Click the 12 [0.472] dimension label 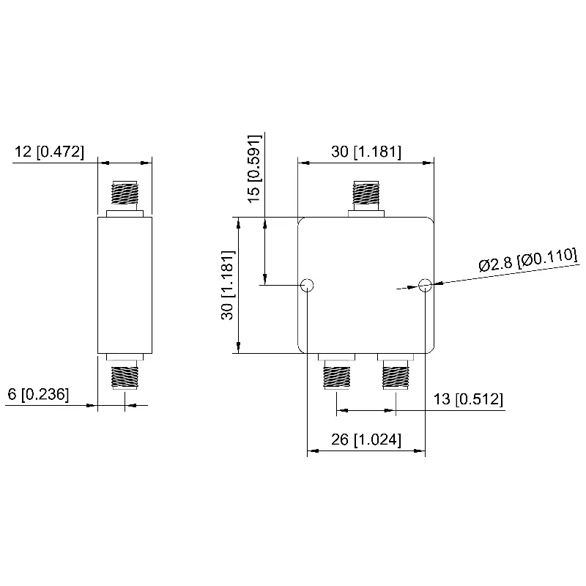tap(49, 152)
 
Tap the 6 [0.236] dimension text tap(38, 394)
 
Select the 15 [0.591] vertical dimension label tap(254, 168)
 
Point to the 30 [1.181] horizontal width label tap(366, 152)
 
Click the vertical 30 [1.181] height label tap(228, 285)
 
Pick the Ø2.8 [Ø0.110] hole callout tap(527, 259)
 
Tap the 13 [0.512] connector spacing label tap(468, 399)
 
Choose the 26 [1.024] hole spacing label tap(366, 439)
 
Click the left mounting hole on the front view tap(307, 285)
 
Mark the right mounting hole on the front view tap(425, 285)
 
